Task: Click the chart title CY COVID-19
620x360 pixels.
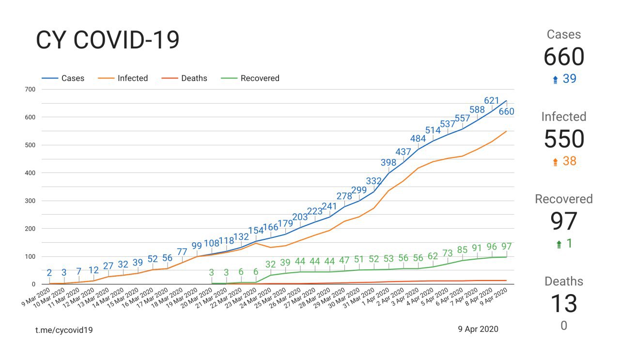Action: tap(108, 40)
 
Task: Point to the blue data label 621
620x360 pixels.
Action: tap(492, 101)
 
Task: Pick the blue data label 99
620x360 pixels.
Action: tap(197, 246)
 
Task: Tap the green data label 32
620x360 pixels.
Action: tap(271, 264)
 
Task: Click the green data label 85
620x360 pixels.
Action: tap(462, 250)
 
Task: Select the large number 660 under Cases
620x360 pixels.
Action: tap(564, 57)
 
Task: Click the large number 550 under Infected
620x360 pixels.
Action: tap(564, 140)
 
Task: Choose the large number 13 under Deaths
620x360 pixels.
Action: tap(564, 304)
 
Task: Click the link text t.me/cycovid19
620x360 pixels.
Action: tap(64, 329)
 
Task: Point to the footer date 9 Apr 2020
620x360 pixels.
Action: tap(478, 329)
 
